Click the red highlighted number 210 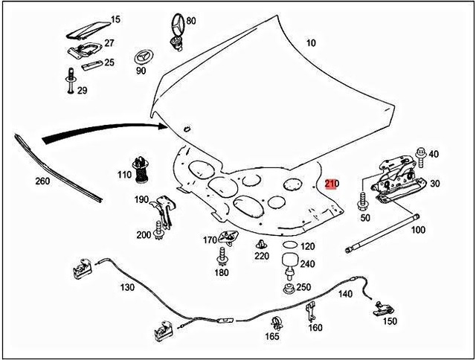[331, 184]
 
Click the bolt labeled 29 [69, 81]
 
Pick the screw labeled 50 [364, 202]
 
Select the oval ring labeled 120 [289, 246]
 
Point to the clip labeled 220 [261, 245]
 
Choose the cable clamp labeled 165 [274, 321]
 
